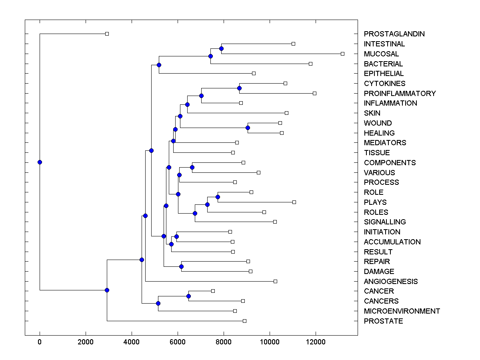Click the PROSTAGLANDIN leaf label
394,34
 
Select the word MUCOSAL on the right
381,54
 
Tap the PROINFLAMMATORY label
400,94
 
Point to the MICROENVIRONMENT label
402,311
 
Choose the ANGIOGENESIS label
390,282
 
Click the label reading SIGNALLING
384,222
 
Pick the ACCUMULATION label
392,242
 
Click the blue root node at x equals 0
40,162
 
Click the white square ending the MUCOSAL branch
342,54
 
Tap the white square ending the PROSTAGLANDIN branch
107,34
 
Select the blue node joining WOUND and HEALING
248,128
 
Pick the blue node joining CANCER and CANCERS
188,296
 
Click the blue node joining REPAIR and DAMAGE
181,266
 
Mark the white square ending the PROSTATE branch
244,321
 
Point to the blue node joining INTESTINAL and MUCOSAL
221,48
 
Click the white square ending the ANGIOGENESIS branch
275,281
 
